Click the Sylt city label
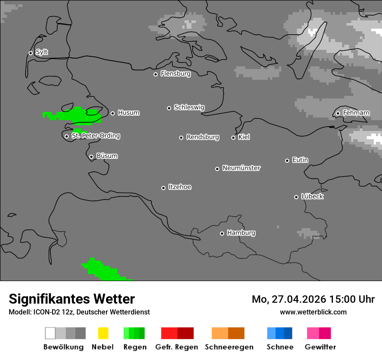coord(42,52)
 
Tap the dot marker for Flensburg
coord(155,74)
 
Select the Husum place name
coord(128,113)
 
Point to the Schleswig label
coord(189,108)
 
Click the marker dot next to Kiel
coord(233,137)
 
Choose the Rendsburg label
coord(203,137)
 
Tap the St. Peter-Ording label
coord(95,136)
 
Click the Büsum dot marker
coord(91,157)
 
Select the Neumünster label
coord(241,168)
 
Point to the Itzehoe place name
coord(180,187)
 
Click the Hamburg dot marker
coord(222,233)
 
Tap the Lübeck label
coord(312,197)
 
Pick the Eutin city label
coord(300,160)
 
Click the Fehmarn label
coord(356,113)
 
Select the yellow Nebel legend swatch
coord(103,333)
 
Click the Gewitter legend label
coord(320,347)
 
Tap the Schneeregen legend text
coord(229,347)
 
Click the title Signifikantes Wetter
coord(72,299)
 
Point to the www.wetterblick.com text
coord(313,312)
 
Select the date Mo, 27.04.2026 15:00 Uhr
coord(313,299)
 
